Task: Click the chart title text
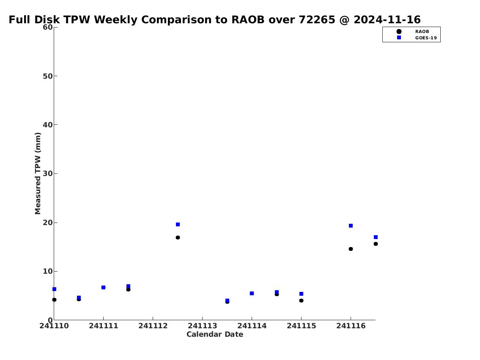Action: point(214,19)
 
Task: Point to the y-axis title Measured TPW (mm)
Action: point(38,173)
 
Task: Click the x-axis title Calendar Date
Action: point(214,334)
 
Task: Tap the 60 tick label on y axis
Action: point(48,27)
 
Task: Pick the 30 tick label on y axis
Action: point(48,173)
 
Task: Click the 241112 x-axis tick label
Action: point(153,326)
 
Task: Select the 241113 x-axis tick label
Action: point(202,326)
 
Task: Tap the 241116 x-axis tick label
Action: point(351,326)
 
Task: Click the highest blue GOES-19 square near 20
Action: point(178,224)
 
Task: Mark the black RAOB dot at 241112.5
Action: point(178,238)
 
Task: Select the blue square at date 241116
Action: point(351,225)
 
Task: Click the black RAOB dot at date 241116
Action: point(351,249)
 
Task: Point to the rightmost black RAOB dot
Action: point(376,244)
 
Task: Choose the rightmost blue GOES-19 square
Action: point(376,237)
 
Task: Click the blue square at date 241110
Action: point(54,289)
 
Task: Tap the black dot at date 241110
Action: point(54,300)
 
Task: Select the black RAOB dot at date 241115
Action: point(301,301)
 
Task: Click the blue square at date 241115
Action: point(301,294)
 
